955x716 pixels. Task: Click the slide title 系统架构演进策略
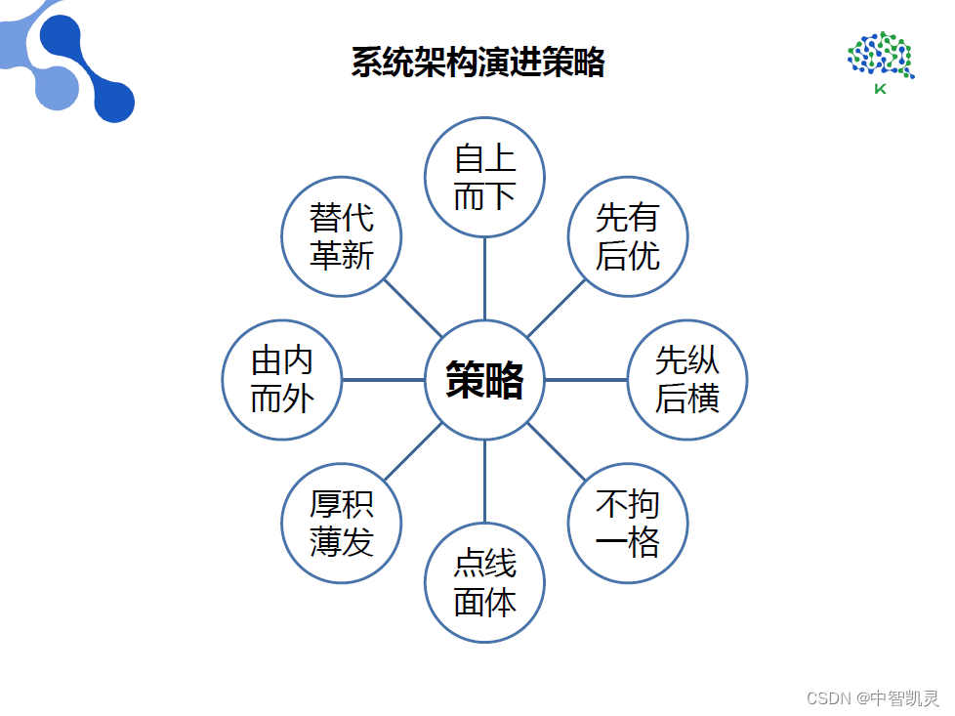tap(478, 63)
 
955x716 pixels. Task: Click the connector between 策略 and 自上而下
tap(484, 278)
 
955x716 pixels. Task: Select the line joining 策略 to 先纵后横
tap(586, 380)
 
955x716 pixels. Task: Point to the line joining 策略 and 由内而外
tap(383, 380)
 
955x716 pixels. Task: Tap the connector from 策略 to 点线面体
tap(484, 482)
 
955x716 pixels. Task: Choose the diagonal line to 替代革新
tap(413, 309)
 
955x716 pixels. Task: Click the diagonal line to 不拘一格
tap(557, 451)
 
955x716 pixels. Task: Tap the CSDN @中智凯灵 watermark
tap(873, 697)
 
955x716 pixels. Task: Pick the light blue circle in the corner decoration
tap(58, 88)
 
